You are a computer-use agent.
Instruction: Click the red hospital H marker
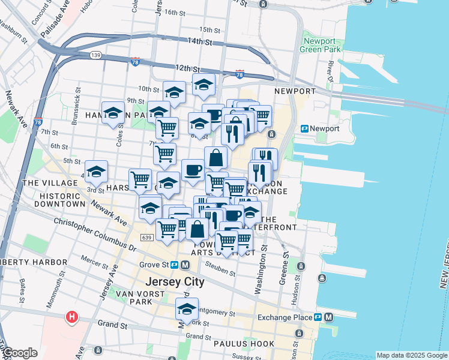coord(72,316)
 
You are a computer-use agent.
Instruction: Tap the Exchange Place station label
coord(286,317)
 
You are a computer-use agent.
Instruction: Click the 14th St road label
coord(200,41)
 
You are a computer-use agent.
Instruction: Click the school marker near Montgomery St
coord(187,310)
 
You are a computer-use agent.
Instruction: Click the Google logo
coord(20,353)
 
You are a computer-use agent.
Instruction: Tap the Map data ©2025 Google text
coord(412,355)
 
